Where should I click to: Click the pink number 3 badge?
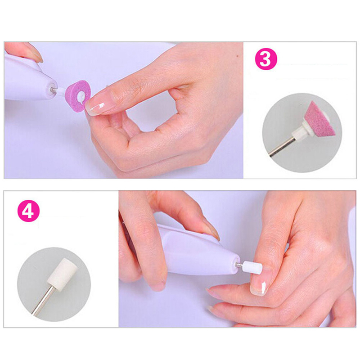pos(266,59)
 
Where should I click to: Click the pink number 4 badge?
pos(28,211)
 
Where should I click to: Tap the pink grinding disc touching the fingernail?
pos(78,96)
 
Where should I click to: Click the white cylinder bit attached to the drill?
pos(252,267)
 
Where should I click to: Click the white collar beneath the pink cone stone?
pos(299,131)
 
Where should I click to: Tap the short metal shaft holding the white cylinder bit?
pos(239,265)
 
